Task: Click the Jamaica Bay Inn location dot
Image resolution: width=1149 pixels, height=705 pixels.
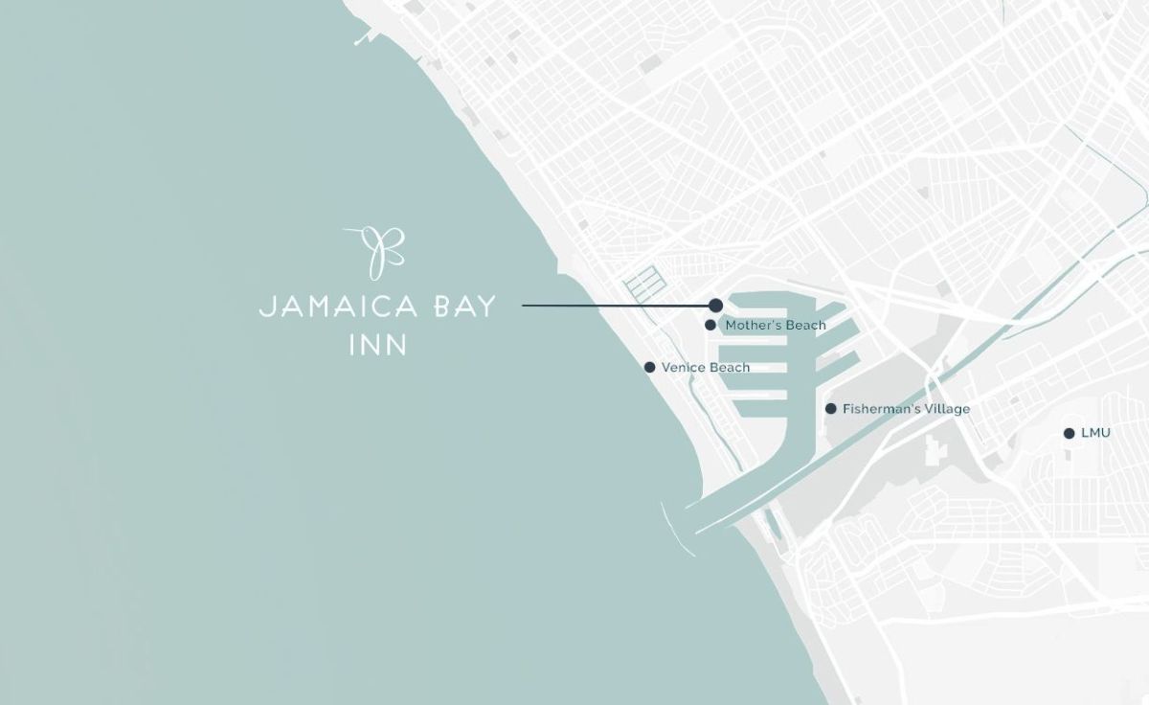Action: point(715,305)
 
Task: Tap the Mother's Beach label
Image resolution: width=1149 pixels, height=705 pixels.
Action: point(776,326)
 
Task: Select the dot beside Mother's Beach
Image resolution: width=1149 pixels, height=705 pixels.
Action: point(710,325)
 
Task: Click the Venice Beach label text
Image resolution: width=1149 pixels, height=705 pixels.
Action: point(706,367)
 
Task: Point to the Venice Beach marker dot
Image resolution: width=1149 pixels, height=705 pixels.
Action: point(649,367)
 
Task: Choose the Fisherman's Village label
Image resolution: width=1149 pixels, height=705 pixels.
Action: point(906,409)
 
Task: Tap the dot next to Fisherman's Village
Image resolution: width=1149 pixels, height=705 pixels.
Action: point(830,409)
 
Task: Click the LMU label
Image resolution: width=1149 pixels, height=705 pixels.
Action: point(1095,433)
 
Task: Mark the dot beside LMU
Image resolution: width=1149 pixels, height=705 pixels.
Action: point(1069,433)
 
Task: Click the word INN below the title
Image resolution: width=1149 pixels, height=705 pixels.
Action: point(378,344)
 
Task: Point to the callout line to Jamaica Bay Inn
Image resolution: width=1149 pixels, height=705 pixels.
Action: point(613,306)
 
